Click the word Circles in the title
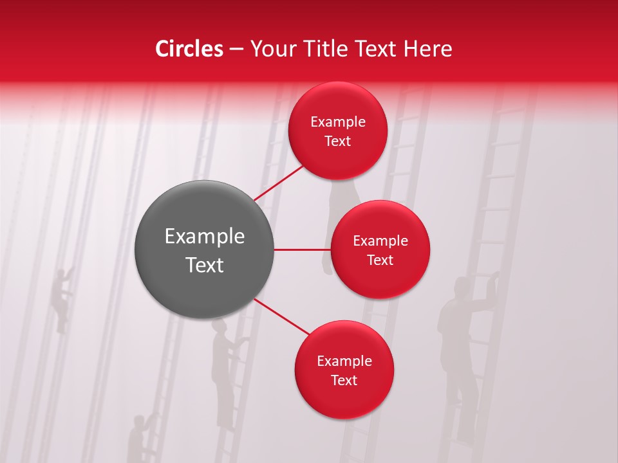click(189, 49)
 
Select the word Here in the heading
click(427, 49)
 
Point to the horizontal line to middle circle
click(303, 250)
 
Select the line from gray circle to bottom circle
click(282, 316)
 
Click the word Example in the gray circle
click(205, 237)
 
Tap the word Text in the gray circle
click(205, 265)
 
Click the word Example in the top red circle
click(338, 122)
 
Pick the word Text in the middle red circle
click(380, 260)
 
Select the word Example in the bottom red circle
click(344, 361)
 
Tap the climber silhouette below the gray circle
click(225, 373)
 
